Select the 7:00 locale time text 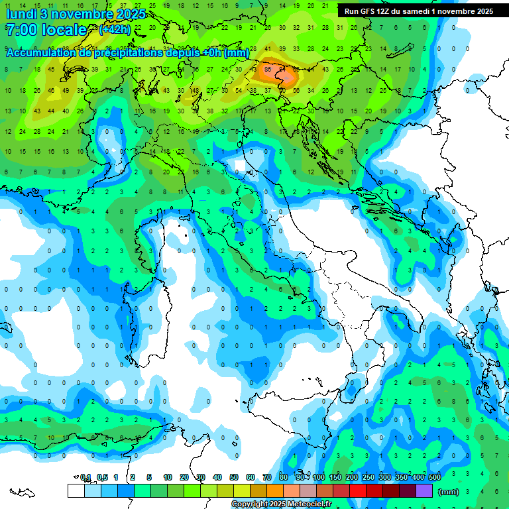pos(46,30)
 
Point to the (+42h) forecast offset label pos(115,30)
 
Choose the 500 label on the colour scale pos(434,477)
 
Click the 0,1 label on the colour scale pos(85,477)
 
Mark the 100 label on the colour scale pos(319,477)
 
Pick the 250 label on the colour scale pos(368,477)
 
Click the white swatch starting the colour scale pos(76,490)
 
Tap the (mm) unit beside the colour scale pos(449,492)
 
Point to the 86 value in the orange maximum pos(268,68)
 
